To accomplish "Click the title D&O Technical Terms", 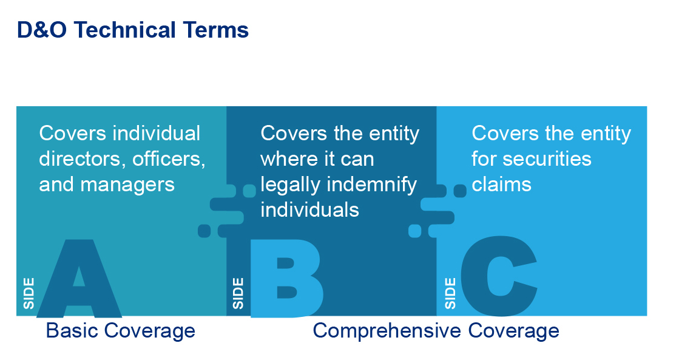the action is coord(133,30).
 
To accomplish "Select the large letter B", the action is coord(286,278).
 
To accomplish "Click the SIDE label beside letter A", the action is coord(29,294).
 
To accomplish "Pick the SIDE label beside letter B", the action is coord(238,294).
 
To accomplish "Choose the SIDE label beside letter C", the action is coord(450,294).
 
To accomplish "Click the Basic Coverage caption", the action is coord(121,331).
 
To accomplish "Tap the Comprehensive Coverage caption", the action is coord(436,331).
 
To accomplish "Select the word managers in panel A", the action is coord(127,185).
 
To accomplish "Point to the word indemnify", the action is coord(372,185).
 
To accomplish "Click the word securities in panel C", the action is coord(547,158).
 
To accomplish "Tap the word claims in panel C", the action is coord(501,185).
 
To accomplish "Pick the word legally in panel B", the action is coord(291,185).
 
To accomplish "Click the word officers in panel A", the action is coord(169,158).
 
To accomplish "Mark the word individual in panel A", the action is coord(157,133).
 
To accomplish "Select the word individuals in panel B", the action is coord(310,210).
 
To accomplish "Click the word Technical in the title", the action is coord(124,30).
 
